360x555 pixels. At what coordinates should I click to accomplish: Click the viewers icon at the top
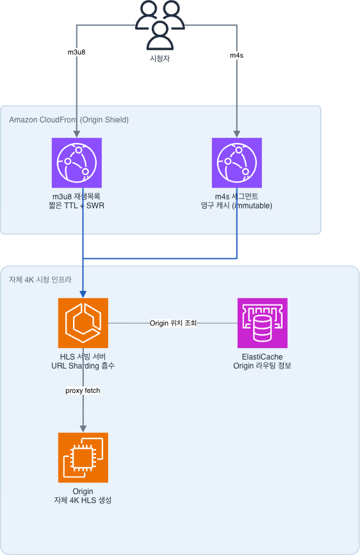(x=160, y=25)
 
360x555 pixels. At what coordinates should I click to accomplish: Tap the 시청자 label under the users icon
(x=160, y=58)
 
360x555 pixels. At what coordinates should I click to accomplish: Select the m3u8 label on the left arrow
(x=76, y=52)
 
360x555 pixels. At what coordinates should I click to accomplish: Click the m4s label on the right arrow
(x=236, y=55)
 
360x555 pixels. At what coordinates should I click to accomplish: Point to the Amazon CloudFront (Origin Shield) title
(x=69, y=120)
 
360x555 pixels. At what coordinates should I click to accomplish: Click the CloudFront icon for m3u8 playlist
(x=77, y=163)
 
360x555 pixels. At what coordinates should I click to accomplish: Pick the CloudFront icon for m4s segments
(x=237, y=163)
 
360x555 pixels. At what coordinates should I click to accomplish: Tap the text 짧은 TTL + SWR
(x=76, y=206)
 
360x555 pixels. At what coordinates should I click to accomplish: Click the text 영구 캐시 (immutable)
(x=236, y=206)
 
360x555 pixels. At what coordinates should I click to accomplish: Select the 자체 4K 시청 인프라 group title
(x=40, y=279)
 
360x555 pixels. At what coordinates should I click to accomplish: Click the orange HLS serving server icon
(x=83, y=323)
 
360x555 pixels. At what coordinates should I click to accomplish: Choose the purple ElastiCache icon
(x=263, y=323)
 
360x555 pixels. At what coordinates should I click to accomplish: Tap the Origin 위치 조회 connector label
(x=173, y=323)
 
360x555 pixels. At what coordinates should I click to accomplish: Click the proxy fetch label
(x=83, y=390)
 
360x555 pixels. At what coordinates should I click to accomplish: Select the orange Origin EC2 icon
(x=83, y=458)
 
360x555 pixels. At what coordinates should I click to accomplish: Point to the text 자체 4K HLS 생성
(x=83, y=500)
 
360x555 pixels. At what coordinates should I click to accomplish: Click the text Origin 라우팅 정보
(x=262, y=366)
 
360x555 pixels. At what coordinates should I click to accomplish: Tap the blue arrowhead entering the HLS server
(x=83, y=294)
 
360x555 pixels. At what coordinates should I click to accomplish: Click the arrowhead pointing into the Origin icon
(x=83, y=429)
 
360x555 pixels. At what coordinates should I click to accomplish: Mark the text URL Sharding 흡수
(x=83, y=366)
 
